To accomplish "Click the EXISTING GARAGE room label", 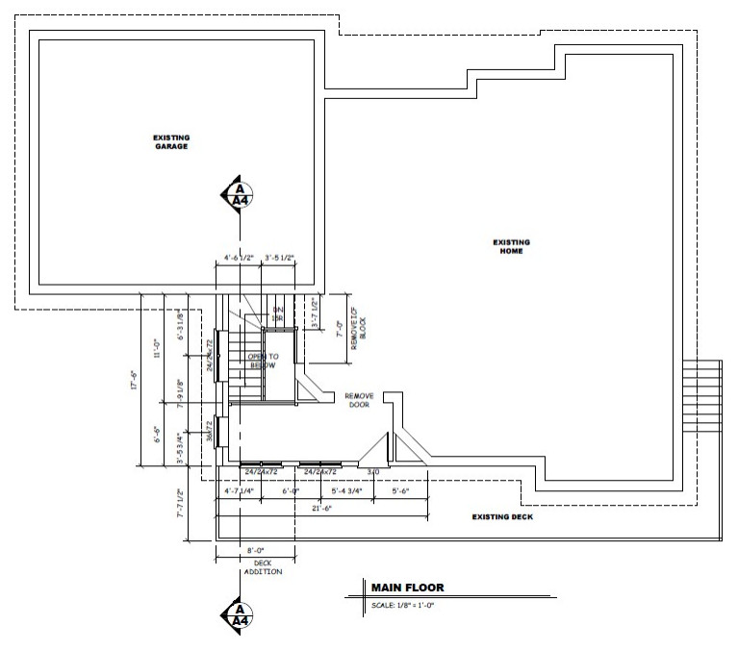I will tap(170, 142).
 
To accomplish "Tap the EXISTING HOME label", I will tap(511, 246).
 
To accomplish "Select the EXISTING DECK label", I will tap(502, 516).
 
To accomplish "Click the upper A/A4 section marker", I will tap(235, 193).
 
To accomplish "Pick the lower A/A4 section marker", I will tap(235, 613).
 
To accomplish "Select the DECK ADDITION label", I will tap(256, 567).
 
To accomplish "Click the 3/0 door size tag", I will tap(373, 472).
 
